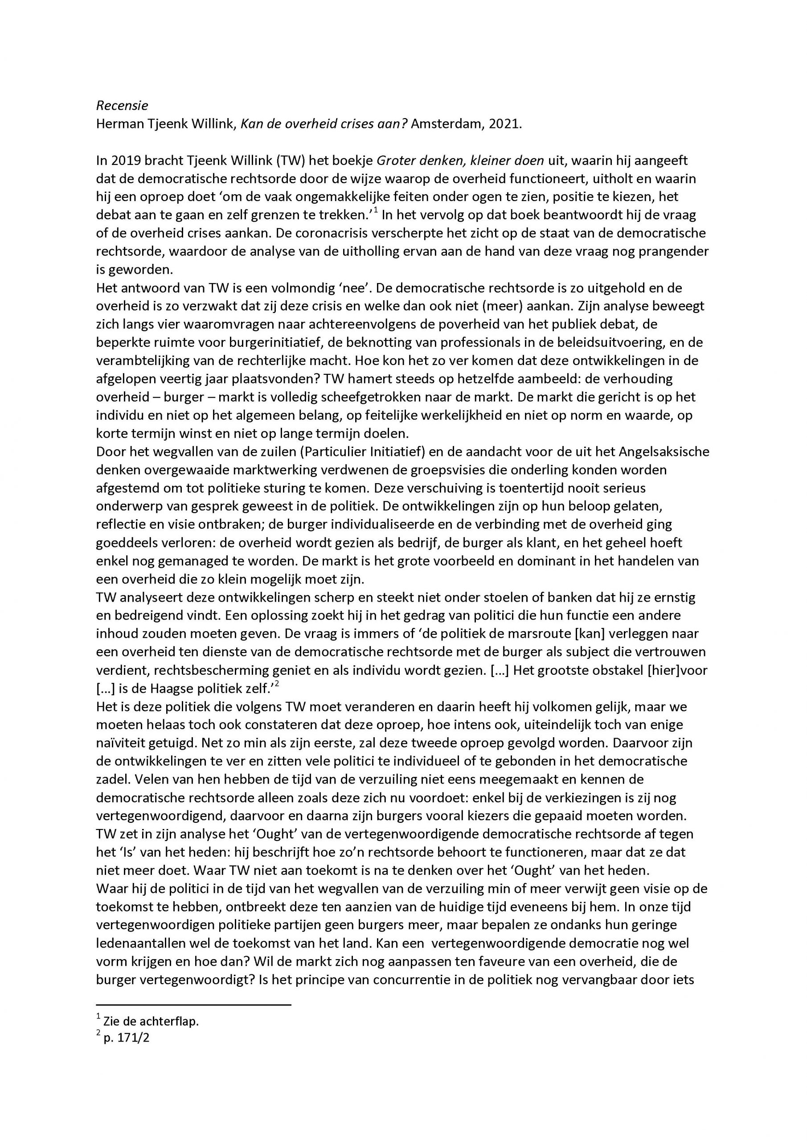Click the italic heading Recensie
[122, 105]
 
